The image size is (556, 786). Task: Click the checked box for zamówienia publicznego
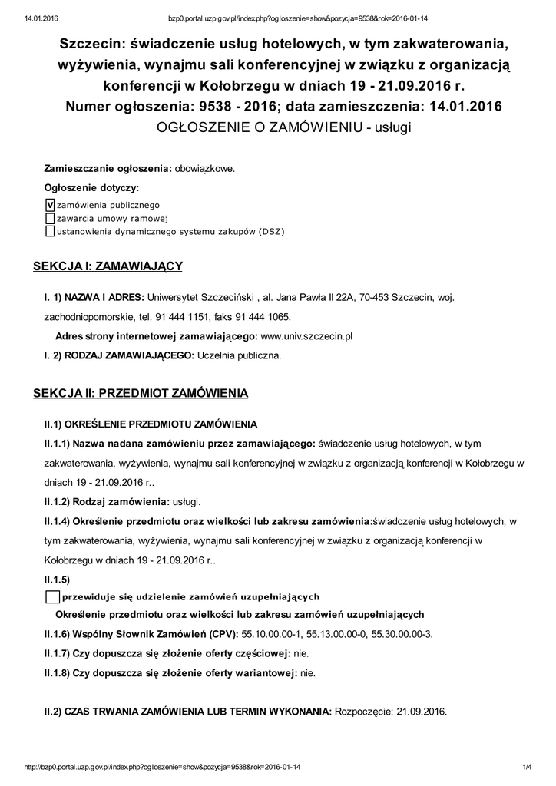pos(51,205)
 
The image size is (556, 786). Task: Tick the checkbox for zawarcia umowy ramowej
pos(51,218)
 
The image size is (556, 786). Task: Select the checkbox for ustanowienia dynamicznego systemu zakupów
pos(51,231)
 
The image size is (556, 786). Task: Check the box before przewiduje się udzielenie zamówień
pos(52,597)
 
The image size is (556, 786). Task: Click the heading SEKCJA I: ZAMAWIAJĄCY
pos(108,266)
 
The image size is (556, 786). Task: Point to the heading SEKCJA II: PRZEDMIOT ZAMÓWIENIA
pos(141,394)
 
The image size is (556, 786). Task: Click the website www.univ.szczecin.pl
pos(306,336)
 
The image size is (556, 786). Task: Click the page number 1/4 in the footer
pos(527,767)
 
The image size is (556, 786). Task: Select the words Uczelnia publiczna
pos(240,355)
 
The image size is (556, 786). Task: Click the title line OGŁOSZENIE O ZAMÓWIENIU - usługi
pos(284,127)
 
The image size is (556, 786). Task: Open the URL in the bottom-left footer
pos(163,767)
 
